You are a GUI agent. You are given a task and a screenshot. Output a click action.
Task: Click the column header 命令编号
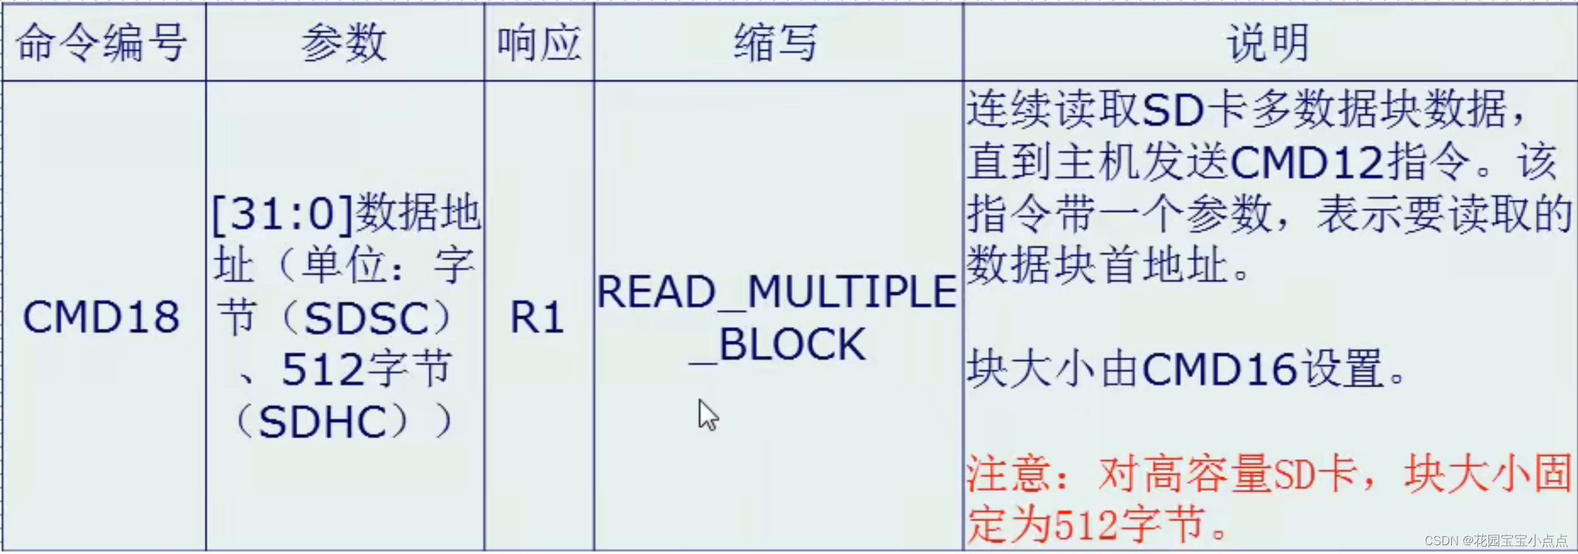[102, 43]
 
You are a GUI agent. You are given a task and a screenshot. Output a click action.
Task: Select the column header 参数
[344, 43]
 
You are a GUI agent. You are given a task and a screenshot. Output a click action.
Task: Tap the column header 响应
[539, 43]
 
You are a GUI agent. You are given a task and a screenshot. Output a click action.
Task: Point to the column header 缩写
[777, 43]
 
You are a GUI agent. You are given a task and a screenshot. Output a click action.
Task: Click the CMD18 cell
[102, 317]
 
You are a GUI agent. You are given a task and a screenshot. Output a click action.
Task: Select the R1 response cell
[537, 317]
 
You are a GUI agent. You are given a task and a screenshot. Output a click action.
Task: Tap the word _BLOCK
[777, 345]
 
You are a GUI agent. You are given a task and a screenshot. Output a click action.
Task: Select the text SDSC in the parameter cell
[367, 318]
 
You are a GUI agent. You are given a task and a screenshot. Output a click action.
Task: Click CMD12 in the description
[1307, 163]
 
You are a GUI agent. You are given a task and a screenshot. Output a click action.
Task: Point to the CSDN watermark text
[1496, 540]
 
